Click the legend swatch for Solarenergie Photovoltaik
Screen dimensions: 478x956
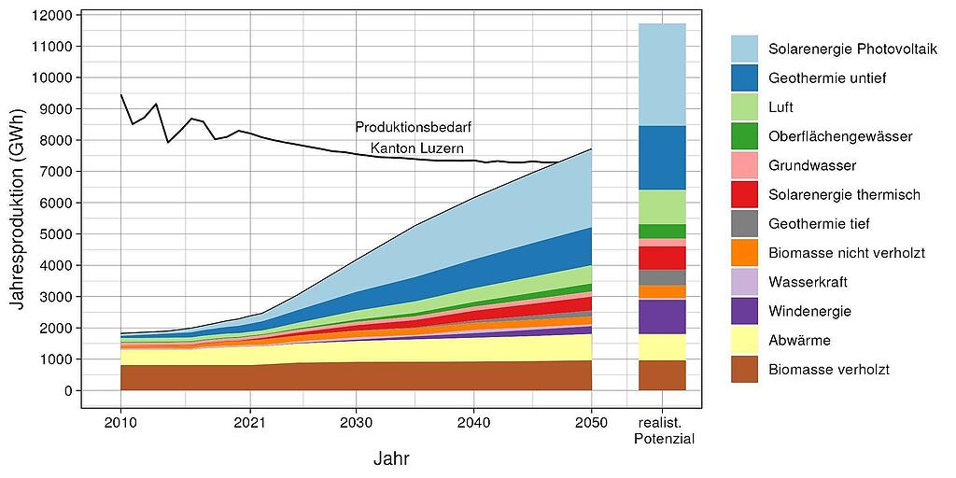(x=744, y=49)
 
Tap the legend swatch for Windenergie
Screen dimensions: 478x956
(x=744, y=311)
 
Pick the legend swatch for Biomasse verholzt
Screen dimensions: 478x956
(x=744, y=370)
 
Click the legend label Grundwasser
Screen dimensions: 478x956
(x=811, y=165)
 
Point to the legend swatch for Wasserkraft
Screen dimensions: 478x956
(x=744, y=282)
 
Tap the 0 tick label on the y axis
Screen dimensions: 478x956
(x=69, y=391)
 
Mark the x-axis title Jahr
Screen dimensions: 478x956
(x=390, y=458)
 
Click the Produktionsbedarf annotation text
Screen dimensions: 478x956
(x=406, y=127)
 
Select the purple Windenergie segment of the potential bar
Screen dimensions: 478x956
(x=662, y=316)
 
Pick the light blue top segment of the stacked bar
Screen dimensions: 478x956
(x=662, y=74)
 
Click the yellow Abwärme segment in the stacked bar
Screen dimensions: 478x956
(x=662, y=347)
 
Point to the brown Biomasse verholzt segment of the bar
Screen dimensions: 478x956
(x=662, y=375)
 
